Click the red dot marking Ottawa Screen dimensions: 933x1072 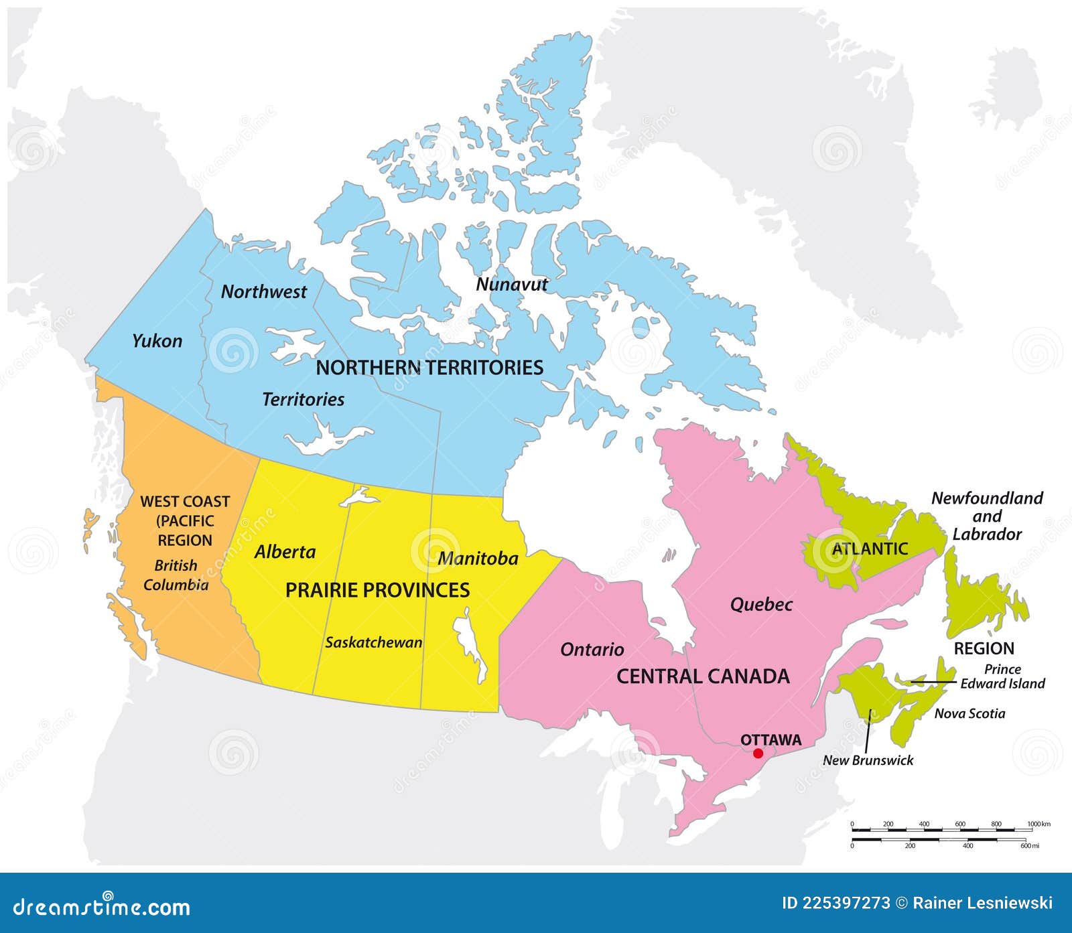click(758, 753)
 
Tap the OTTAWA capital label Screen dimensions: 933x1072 click(770, 739)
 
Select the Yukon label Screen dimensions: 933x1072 click(157, 341)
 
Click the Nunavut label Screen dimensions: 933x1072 click(511, 284)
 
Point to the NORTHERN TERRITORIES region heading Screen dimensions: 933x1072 click(429, 367)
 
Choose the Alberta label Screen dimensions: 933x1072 click(285, 552)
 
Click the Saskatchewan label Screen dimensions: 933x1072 click(374, 642)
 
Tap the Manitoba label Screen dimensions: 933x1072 click(478, 558)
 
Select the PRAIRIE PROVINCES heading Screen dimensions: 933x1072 click(377, 590)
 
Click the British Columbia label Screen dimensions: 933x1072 click(176, 575)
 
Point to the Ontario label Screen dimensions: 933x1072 click(592, 649)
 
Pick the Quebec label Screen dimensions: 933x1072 click(761, 605)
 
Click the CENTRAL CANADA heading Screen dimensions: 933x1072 click(703, 676)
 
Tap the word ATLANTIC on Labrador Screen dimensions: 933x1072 click(870, 549)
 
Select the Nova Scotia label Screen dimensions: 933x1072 click(969, 713)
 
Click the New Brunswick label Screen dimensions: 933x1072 click(868, 760)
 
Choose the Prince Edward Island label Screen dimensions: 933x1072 click(1002, 676)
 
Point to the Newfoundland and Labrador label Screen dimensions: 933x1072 click(987, 516)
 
